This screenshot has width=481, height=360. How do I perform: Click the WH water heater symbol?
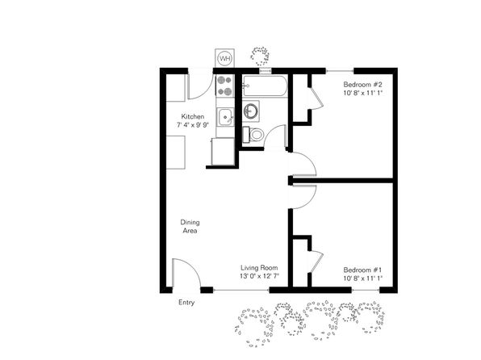pyautogui.click(x=225, y=58)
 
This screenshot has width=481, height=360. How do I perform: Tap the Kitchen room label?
pyautogui.click(x=193, y=116)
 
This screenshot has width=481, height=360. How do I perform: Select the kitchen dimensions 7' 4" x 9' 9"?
pyautogui.click(x=193, y=125)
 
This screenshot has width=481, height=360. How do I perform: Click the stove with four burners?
pyautogui.click(x=224, y=86)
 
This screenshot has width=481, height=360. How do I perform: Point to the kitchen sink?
pyautogui.click(x=226, y=117)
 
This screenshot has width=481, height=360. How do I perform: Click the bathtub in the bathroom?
pyautogui.click(x=265, y=86)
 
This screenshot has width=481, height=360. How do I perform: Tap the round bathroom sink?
pyautogui.click(x=251, y=111)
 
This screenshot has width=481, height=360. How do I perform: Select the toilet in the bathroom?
pyautogui.click(x=253, y=135)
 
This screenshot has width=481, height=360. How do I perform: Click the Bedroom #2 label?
pyautogui.click(x=362, y=85)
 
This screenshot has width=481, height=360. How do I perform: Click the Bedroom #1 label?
pyautogui.click(x=362, y=270)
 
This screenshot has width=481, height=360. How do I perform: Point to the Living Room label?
pyautogui.click(x=259, y=268)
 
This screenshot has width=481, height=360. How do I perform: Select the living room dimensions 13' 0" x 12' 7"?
pyautogui.click(x=259, y=276)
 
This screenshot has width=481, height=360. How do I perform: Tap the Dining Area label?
pyautogui.click(x=190, y=226)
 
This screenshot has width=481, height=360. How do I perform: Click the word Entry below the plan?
pyautogui.click(x=186, y=303)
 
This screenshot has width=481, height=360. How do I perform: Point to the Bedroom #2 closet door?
pyautogui.click(x=316, y=98)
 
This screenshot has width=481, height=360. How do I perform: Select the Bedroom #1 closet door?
pyautogui.click(x=316, y=262)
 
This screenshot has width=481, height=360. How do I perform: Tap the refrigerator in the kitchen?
pyautogui.click(x=223, y=152)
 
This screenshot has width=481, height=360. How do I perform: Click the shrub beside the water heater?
pyautogui.click(x=260, y=56)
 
